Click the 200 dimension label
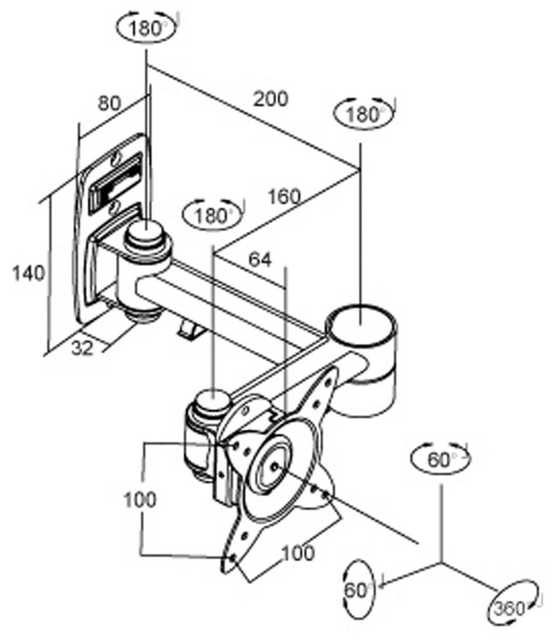[270, 99]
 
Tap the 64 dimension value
[260, 260]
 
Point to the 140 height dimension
[28, 273]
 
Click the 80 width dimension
[109, 103]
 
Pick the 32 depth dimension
[82, 348]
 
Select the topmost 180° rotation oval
[146, 29]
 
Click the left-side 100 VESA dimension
[140, 500]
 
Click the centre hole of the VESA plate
[275, 466]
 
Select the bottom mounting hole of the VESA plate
[233, 558]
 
